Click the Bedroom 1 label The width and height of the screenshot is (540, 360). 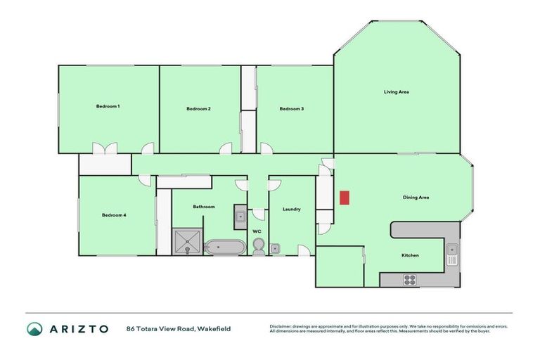tap(108, 106)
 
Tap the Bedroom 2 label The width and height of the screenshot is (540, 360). tap(198, 109)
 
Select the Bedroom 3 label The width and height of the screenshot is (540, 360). tap(291, 109)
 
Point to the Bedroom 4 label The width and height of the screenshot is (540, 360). tap(113, 214)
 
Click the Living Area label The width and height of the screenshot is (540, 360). tap(396, 92)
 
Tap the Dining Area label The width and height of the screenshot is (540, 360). tap(416, 198)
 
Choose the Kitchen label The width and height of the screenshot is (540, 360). tap(410, 255)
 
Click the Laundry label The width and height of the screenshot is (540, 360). tap(291, 209)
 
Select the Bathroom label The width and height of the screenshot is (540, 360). tap(203, 207)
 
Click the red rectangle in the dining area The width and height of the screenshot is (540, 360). tap(344, 198)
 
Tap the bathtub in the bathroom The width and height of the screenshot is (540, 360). tap(225, 247)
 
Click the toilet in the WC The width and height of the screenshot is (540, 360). tap(258, 245)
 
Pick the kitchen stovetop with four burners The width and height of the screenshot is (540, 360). tap(409, 280)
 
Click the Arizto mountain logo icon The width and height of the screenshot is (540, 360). tap(35, 328)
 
